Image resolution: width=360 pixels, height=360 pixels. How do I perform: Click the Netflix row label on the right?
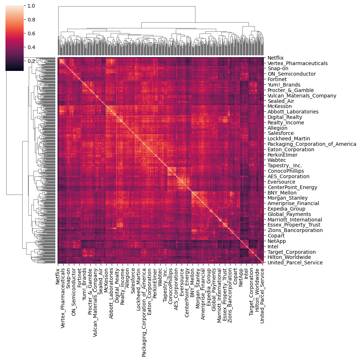275,58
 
